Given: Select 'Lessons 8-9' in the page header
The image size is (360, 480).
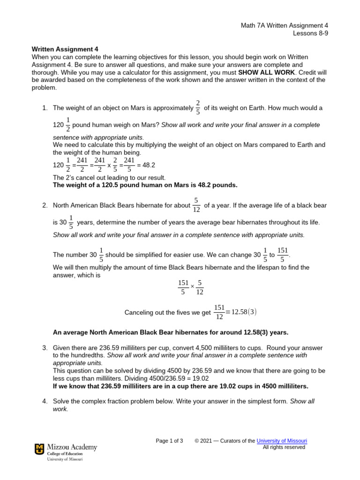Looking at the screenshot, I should tap(310, 33).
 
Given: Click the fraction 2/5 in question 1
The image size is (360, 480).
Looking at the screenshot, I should tap(198, 107).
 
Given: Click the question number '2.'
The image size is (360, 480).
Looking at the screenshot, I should tap(45, 205).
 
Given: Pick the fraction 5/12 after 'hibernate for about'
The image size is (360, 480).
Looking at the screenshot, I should tap(196, 205).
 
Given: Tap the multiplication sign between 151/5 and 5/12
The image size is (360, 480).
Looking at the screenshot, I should tap(192, 286).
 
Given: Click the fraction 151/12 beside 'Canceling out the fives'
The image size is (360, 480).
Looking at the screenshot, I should tap(219, 312).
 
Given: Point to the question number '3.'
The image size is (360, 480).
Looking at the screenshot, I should tap(45, 348).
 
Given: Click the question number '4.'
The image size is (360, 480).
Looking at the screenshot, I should tap(45, 401).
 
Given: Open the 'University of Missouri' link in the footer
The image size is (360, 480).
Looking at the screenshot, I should tap(282, 441).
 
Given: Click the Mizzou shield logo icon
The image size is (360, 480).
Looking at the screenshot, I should tap(39, 450).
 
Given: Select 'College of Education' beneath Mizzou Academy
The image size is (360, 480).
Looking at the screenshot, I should tap(64, 454).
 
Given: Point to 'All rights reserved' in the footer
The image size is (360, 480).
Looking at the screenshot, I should tap(284, 447).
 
